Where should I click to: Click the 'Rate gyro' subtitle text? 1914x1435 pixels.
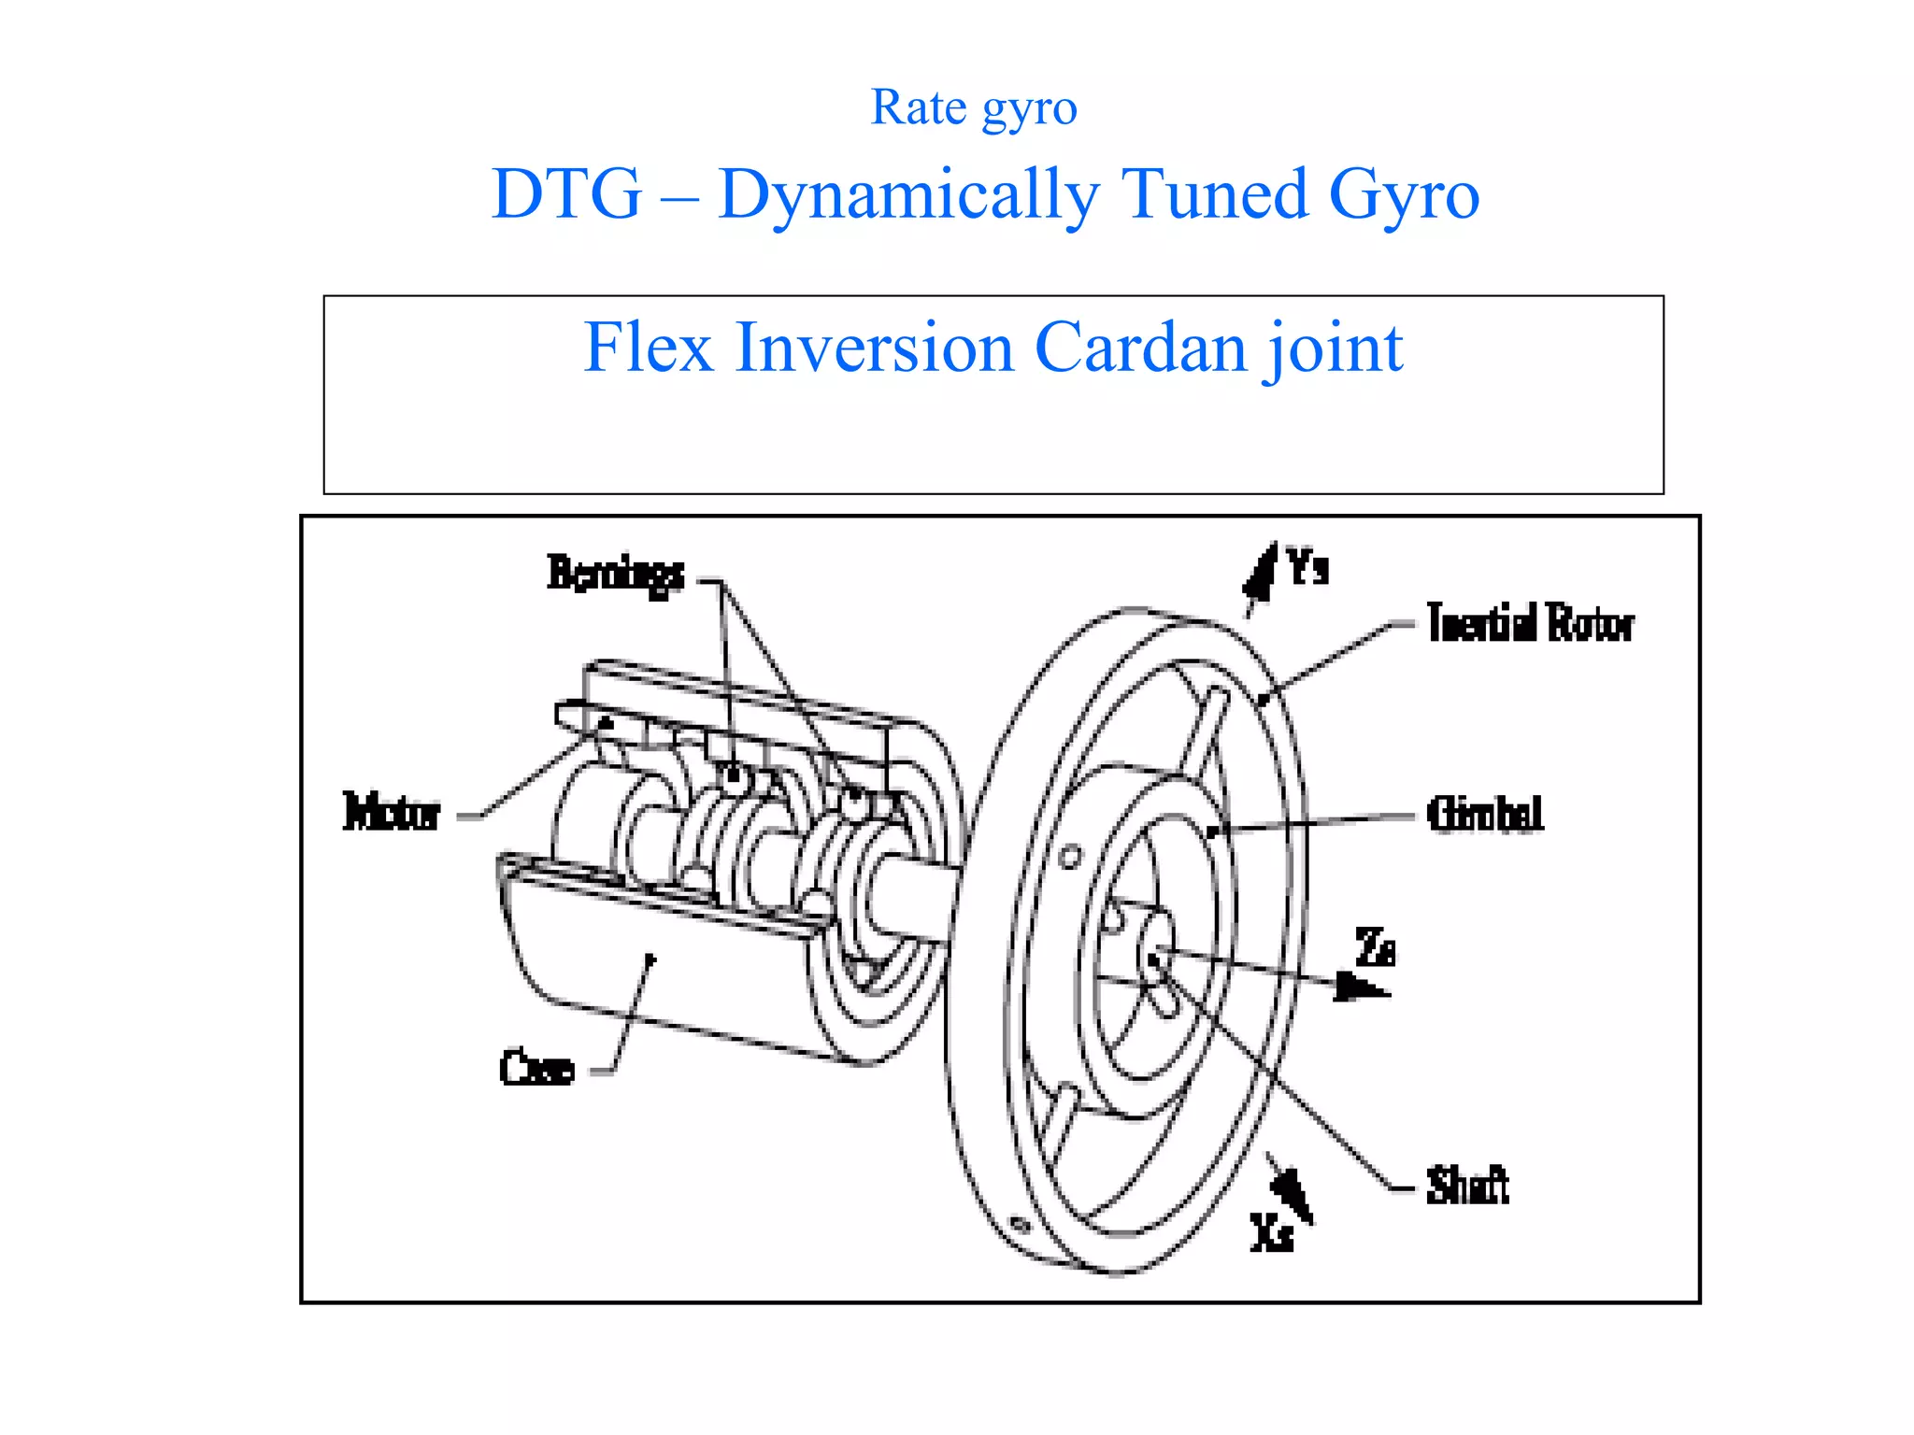pyautogui.click(x=974, y=108)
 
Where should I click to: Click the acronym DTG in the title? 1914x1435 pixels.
pyautogui.click(x=566, y=194)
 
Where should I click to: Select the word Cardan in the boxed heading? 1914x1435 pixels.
pyautogui.click(x=1139, y=348)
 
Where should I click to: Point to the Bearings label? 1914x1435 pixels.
pyautogui.click(x=615, y=573)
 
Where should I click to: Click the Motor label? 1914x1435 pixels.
pyautogui.click(x=391, y=812)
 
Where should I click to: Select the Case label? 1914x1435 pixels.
pyautogui.click(x=536, y=1068)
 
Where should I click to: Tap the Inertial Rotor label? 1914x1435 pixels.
pyautogui.click(x=1530, y=623)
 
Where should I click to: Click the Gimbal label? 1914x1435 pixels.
pyautogui.click(x=1484, y=814)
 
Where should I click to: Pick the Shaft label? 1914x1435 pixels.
pyautogui.click(x=1466, y=1186)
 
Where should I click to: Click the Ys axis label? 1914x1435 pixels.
pyautogui.click(x=1307, y=567)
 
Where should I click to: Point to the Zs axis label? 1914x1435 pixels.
pyautogui.click(x=1375, y=947)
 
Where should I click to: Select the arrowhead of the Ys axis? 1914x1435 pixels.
pyautogui.click(x=1262, y=572)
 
